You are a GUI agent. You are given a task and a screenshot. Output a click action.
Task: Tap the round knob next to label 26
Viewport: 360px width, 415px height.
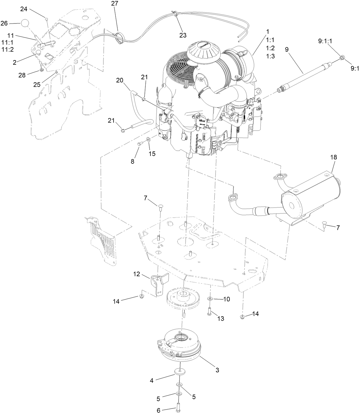pyautogui.click(x=25, y=23)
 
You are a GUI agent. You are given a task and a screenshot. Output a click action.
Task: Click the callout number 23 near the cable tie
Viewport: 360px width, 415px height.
pyautogui.click(x=183, y=35)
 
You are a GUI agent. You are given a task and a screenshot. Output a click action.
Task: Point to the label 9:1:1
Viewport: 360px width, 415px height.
pyautogui.click(x=325, y=41)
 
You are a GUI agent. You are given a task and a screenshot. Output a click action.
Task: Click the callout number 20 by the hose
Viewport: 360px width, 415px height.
pyautogui.click(x=119, y=80)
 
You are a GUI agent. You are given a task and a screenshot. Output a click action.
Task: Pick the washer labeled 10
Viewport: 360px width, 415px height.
pyautogui.click(x=210, y=299)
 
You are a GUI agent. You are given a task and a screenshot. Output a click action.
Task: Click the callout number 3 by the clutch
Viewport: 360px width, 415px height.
pyautogui.click(x=217, y=370)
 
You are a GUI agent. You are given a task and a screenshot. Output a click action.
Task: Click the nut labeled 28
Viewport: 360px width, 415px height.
pyautogui.click(x=41, y=70)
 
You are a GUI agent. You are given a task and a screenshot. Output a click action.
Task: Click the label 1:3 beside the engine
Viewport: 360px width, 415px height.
pyautogui.click(x=270, y=56)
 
